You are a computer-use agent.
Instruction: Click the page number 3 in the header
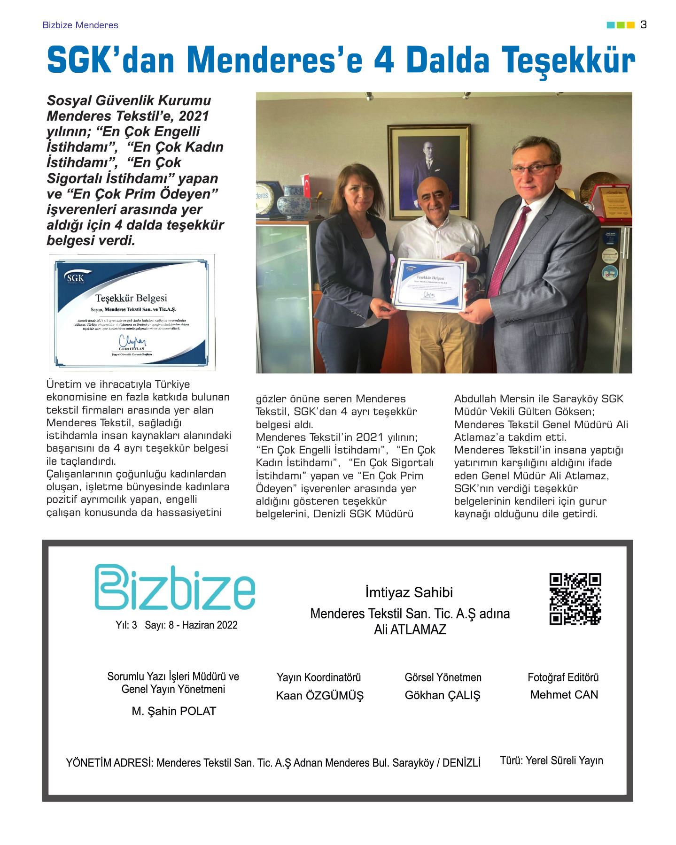[643, 25]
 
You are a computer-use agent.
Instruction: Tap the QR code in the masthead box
[575, 599]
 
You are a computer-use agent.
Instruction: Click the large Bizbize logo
[175, 588]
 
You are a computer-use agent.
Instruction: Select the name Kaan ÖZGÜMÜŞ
[319, 695]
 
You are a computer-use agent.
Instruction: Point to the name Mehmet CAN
[564, 694]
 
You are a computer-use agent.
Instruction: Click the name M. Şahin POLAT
[174, 711]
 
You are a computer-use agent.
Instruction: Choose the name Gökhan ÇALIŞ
[443, 695]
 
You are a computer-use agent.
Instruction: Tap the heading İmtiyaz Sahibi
[409, 592]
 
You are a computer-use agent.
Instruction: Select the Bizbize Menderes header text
[80, 25]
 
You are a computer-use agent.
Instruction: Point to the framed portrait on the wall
[428, 171]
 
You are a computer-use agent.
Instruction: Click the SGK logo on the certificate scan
[75, 278]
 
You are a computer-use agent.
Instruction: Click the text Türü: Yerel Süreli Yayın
[552, 760]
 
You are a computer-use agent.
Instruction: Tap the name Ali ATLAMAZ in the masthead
[410, 630]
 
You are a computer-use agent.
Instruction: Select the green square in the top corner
[621, 25]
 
